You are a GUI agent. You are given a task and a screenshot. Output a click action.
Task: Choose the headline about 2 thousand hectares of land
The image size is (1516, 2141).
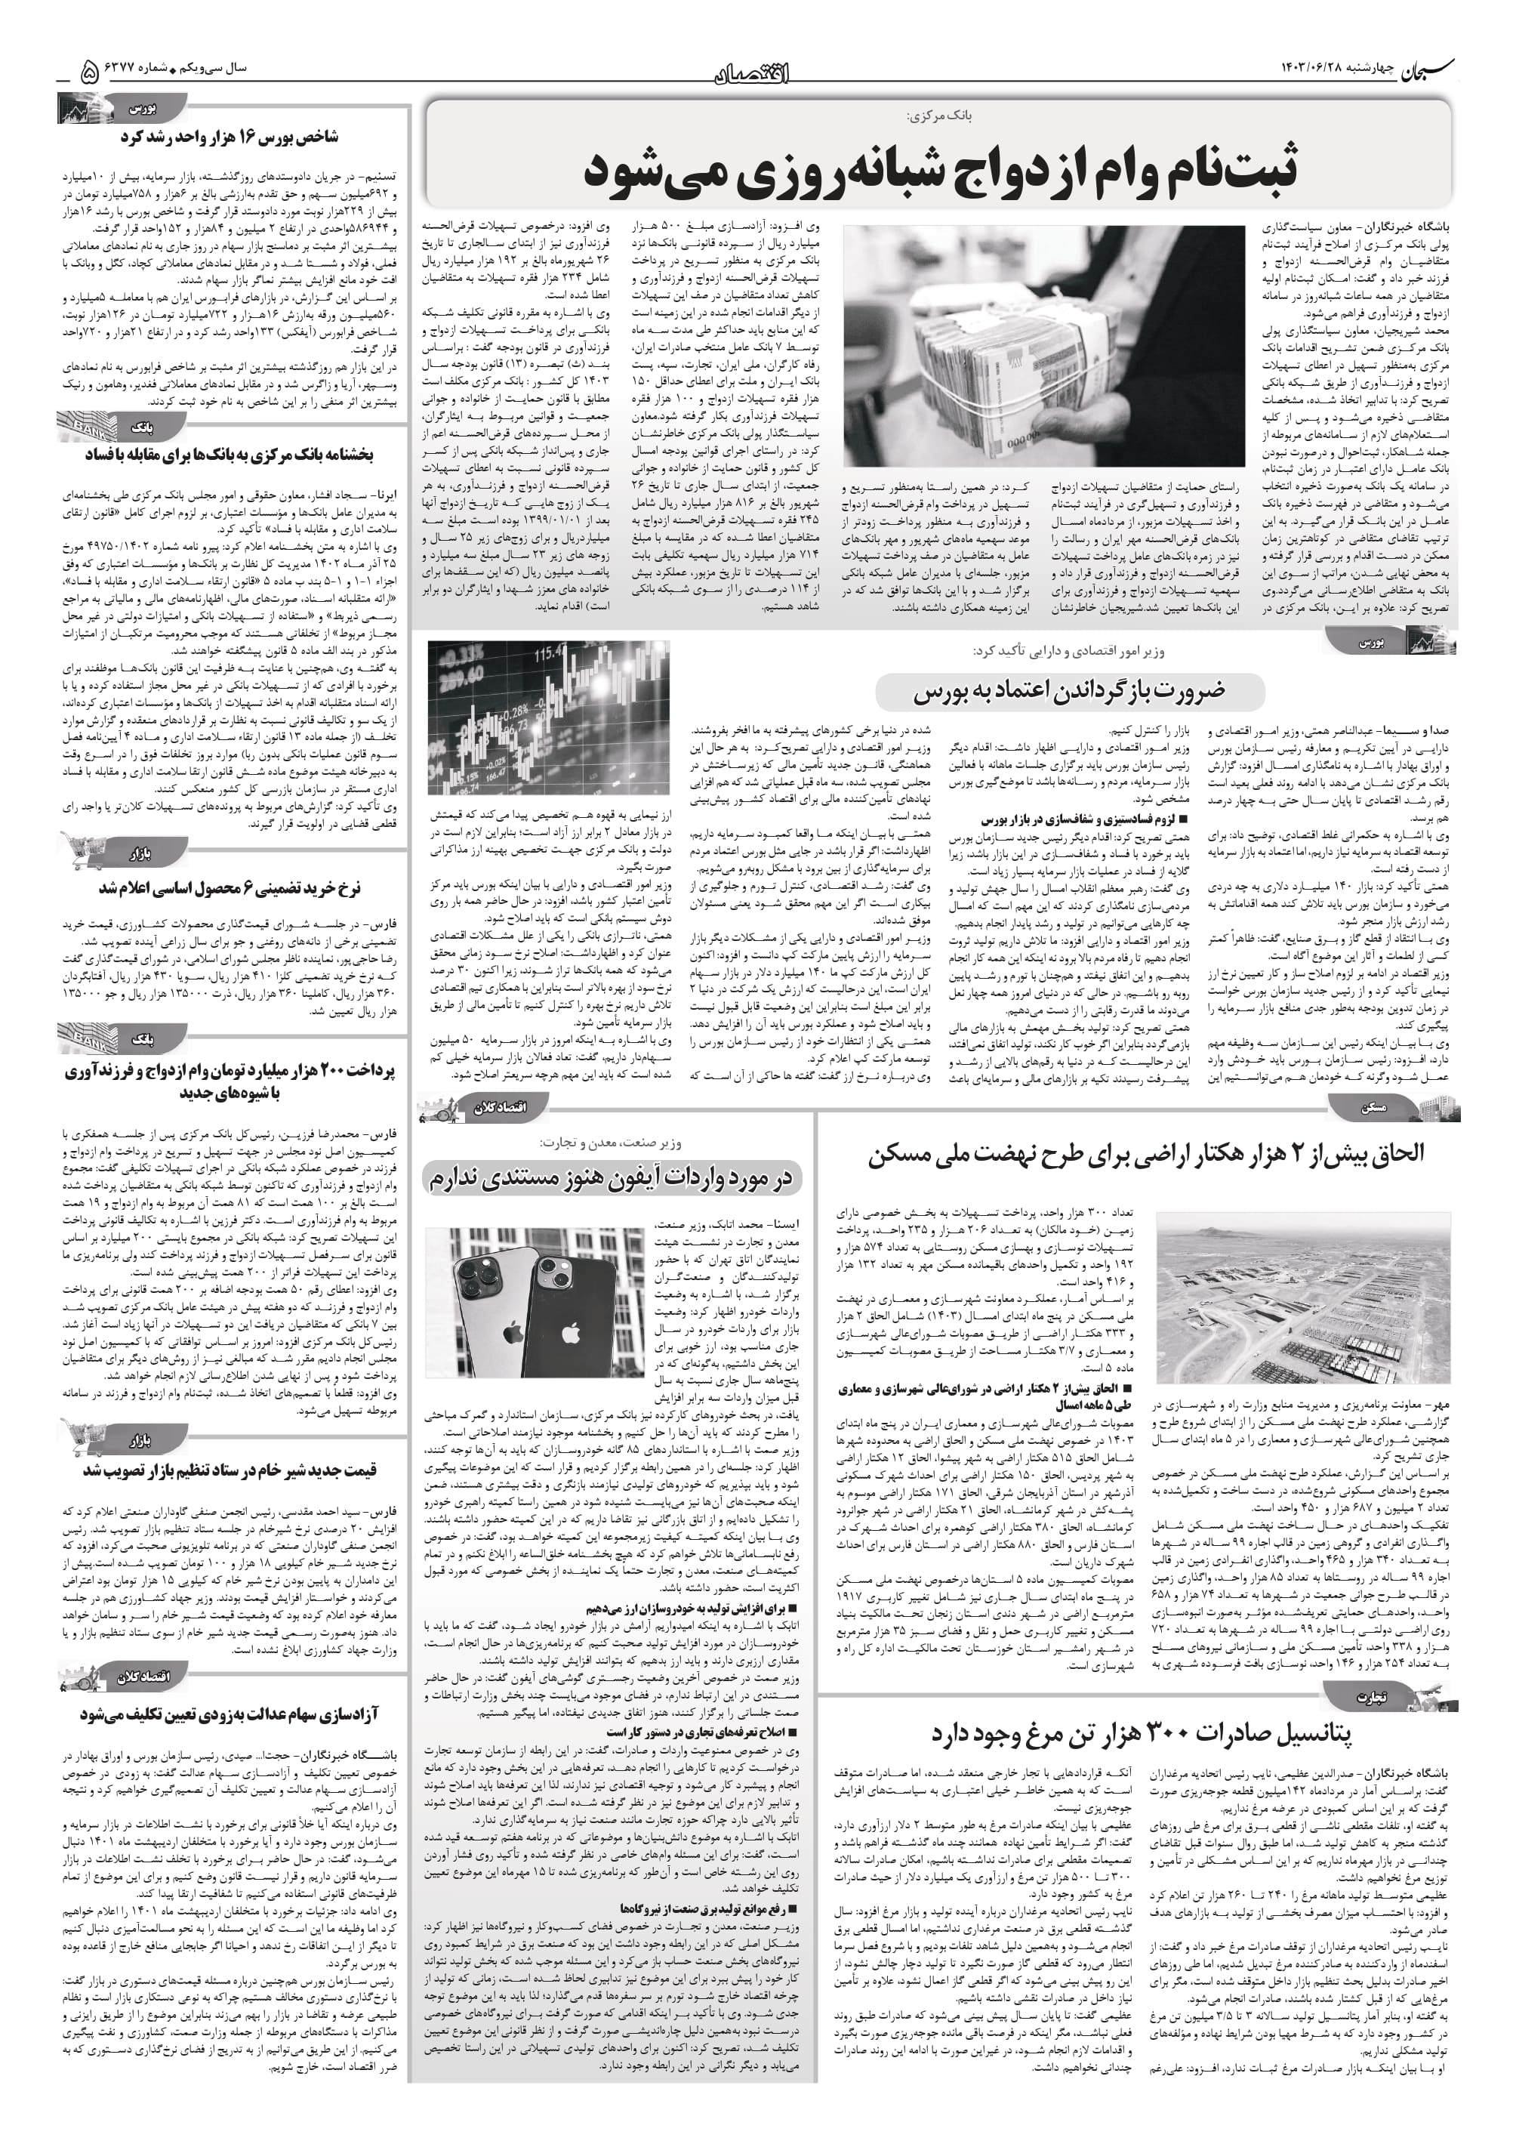1146,1153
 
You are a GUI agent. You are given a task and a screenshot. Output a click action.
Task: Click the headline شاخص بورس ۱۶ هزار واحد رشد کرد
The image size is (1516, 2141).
229,137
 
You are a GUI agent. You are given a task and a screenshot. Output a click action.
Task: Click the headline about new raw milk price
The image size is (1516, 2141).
229,1470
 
